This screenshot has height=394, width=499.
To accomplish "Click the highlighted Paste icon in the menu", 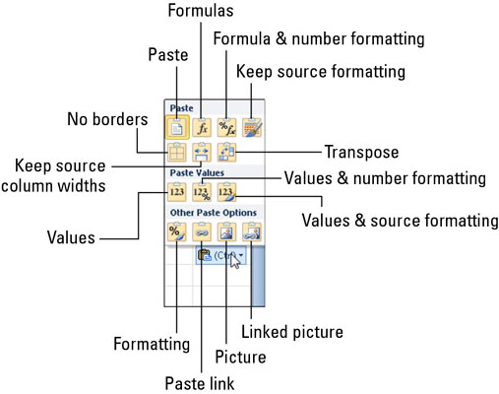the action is (x=177, y=127).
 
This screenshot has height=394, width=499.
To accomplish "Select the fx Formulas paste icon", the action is (x=202, y=127).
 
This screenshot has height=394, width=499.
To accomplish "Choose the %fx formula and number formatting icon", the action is (x=226, y=127).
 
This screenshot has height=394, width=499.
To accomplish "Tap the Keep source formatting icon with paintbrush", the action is (x=252, y=127).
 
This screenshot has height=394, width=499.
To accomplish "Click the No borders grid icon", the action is (x=177, y=153).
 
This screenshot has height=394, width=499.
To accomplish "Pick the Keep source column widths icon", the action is (x=202, y=153).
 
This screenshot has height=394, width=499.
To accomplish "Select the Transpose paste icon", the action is (x=226, y=153).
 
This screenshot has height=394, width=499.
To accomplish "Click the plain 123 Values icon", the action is (x=177, y=192).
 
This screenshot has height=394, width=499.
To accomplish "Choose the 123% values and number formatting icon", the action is (x=202, y=192).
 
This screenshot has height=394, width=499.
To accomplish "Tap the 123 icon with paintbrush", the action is (x=226, y=192).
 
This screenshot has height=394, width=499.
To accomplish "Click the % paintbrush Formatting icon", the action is (x=177, y=231).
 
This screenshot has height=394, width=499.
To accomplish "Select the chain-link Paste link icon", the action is (x=202, y=231).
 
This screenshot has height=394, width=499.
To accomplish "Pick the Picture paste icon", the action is (x=226, y=231).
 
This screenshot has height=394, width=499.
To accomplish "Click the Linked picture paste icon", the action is (x=252, y=231).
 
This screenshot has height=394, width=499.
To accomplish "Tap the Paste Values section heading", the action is (x=197, y=172).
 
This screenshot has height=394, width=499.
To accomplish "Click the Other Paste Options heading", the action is (x=214, y=213).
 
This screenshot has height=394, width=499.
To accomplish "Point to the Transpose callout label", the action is (x=361, y=152).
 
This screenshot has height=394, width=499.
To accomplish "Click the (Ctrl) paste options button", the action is (x=220, y=255).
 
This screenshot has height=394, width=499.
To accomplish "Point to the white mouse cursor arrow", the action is (x=234, y=261).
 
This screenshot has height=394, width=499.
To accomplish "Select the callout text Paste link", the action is (x=200, y=383).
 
